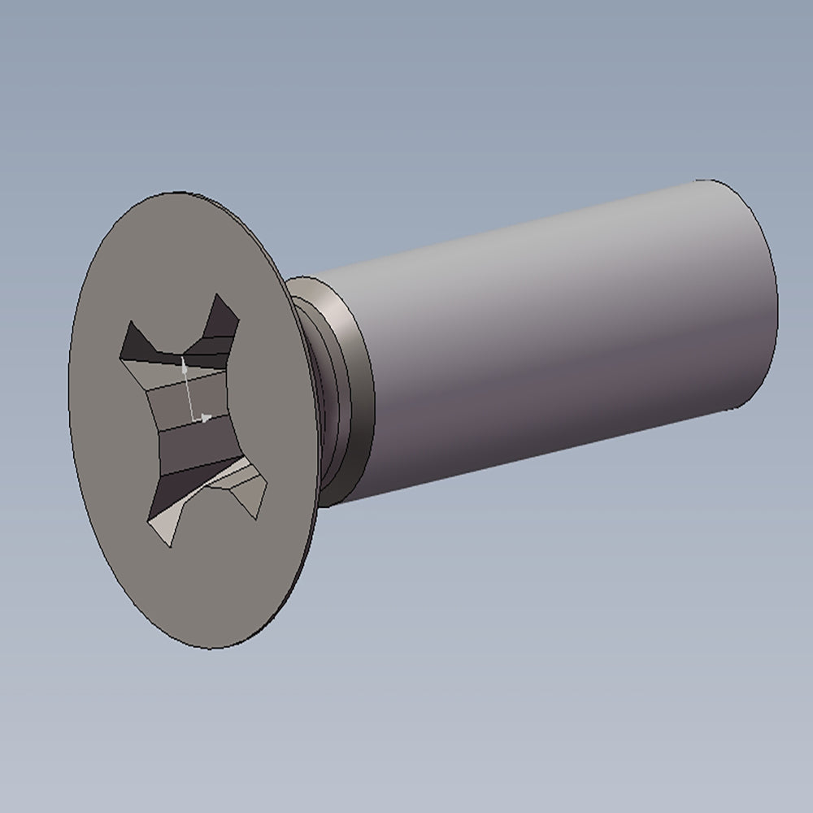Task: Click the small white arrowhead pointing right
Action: pos(207,418)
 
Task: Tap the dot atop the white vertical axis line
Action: pos(185,368)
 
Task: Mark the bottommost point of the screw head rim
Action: pos(213,648)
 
